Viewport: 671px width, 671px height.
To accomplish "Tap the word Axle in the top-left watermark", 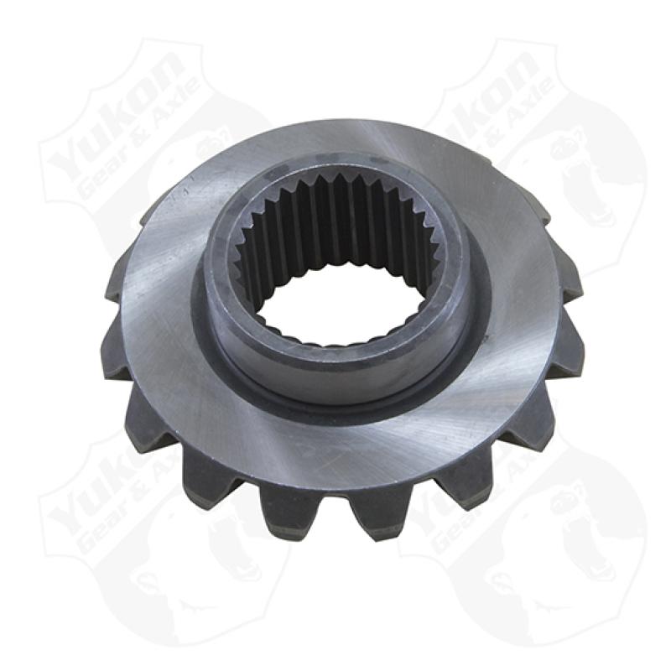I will tap(172, 126).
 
